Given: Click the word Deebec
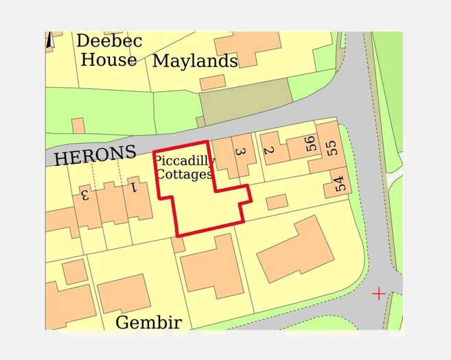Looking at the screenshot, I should click(109, 41).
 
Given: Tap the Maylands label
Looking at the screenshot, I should click(195, 61).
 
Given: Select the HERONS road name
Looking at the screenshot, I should click(95, 156).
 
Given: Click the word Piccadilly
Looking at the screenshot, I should click(184, 161).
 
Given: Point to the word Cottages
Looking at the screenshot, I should click(183, 174).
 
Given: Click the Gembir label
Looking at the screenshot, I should click(149, 322).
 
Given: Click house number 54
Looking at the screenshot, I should click(339, 184).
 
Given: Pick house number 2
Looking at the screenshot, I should click(269, 151).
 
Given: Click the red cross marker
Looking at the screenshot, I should click(378, 294).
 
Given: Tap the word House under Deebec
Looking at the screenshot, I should click(108, 60).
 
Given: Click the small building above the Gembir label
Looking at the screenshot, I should click(124, 293).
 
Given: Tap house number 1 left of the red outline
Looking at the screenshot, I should click(135, 187).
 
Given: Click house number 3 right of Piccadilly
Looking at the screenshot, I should click(240, 152).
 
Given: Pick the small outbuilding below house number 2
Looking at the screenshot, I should click(276, 202).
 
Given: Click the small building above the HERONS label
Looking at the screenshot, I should click(78, 125).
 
